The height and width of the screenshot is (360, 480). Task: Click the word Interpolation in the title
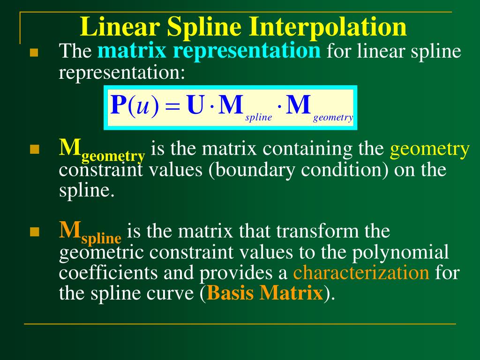click(x=328, y=27)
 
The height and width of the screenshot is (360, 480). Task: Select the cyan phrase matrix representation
click(x=209, y=51)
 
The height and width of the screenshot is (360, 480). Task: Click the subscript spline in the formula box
click(x=259, y=117)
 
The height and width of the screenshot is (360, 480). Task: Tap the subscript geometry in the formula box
click(x=333, y=117)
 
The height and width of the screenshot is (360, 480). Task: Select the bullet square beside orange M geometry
click(x=33, y=150)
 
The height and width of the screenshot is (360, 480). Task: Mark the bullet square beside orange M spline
click(x=33, y=232)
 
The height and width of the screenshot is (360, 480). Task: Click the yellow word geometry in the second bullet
click(x=430, y=149)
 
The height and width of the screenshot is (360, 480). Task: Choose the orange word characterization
click(x=361, y=272)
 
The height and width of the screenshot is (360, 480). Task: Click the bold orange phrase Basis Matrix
click(x=265, y=293)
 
